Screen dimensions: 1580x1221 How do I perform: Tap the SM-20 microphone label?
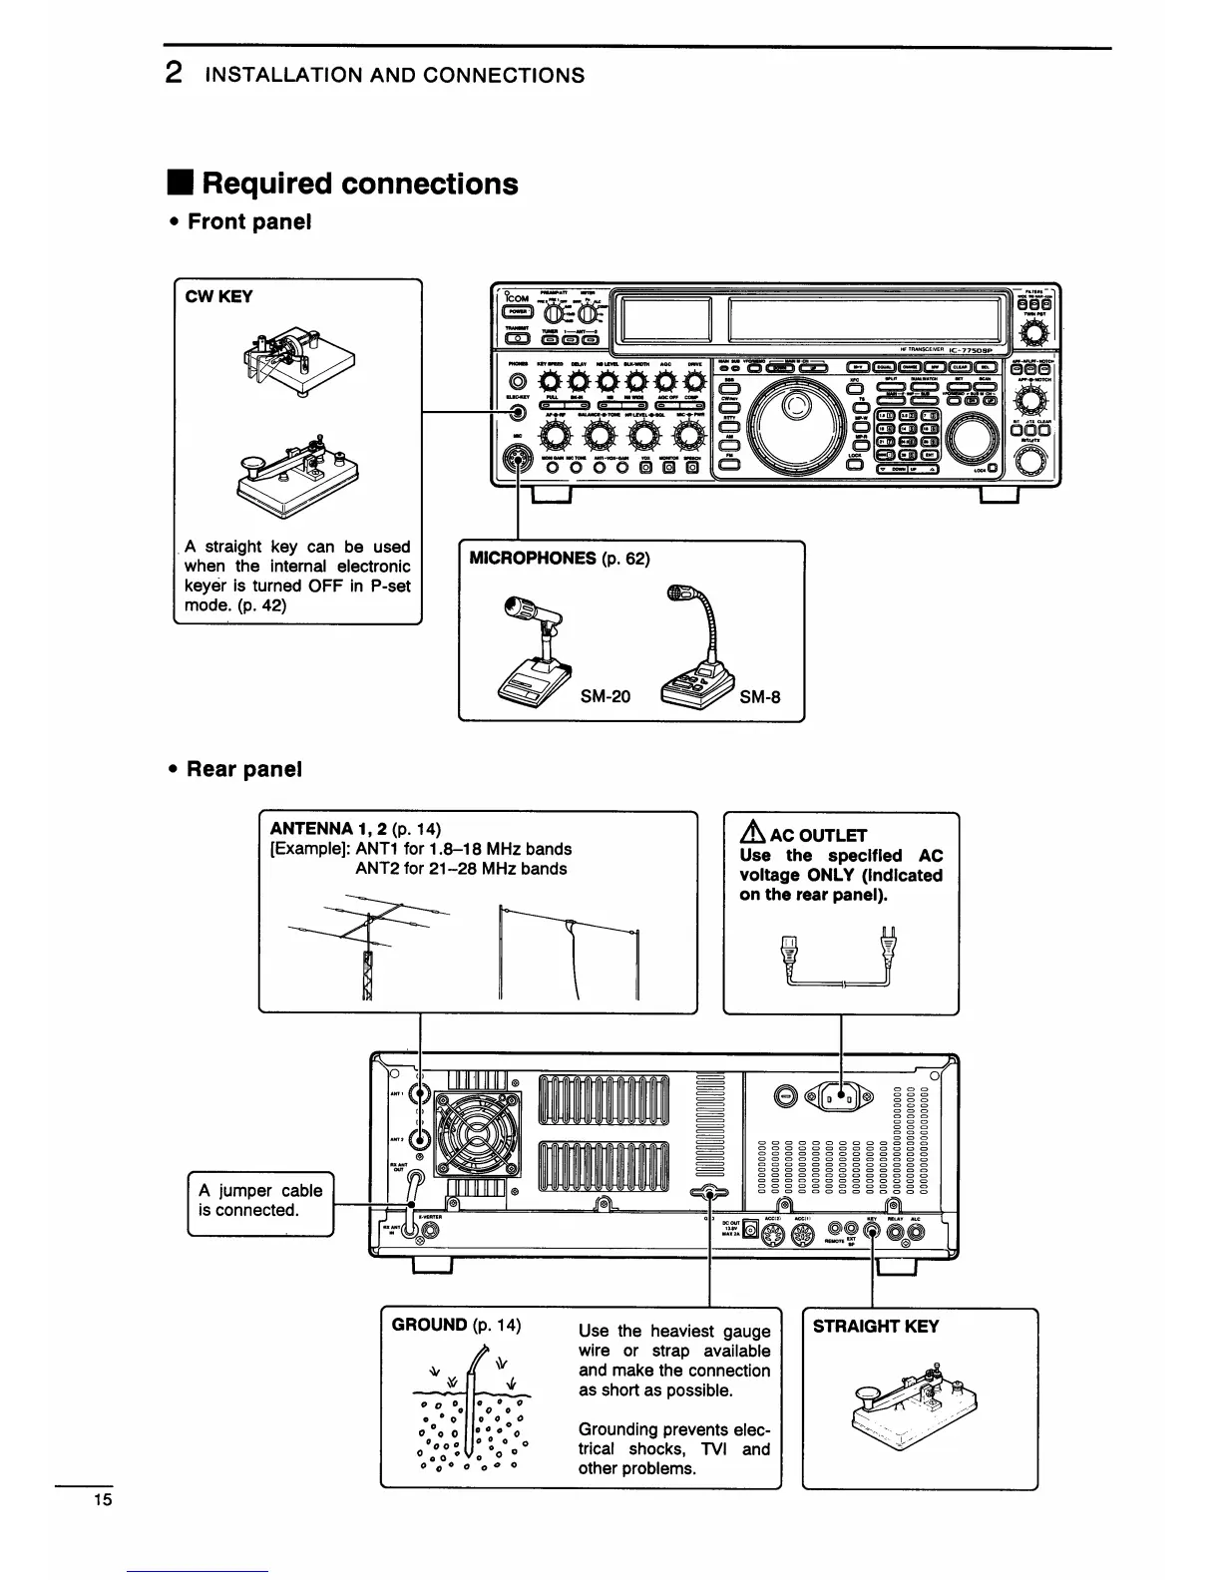[x=606, y=696]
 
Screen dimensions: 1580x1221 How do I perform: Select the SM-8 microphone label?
[x=760, y=696]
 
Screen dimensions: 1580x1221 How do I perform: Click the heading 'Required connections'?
[x=359, y=184]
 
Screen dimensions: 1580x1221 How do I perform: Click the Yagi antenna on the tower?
[x=367, y=933]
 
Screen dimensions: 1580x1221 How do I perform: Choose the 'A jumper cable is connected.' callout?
[x=260, y=1201]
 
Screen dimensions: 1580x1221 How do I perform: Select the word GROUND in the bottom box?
[x=429, y=1325]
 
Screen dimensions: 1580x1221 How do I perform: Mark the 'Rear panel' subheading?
[x=243, y=769]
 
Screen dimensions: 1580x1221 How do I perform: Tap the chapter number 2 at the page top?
[x=174, y=73]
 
